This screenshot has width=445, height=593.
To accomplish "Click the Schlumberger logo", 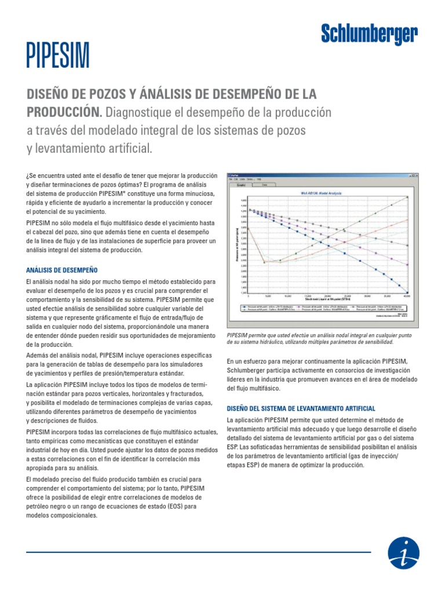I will (x=369, y=35).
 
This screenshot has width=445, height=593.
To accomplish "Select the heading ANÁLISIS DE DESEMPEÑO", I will (x=62, y=270).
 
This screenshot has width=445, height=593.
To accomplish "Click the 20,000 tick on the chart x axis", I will (x=327, y=296).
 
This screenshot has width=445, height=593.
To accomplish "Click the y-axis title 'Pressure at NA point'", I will (x=238, y=246).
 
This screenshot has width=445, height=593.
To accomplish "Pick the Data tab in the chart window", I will (x=264, y=185).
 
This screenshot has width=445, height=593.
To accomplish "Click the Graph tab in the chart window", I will (x=240, y=185).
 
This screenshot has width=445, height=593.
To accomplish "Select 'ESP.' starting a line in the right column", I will (x=233, y=447).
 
